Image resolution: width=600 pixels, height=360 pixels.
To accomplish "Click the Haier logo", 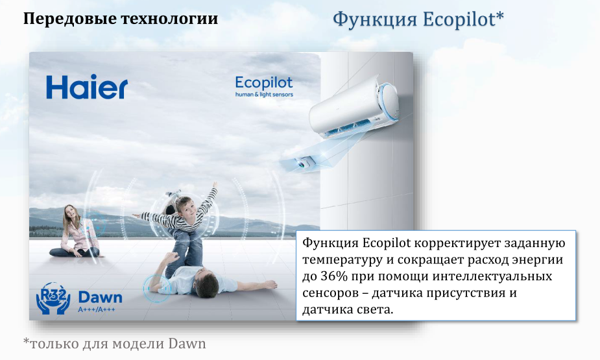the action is pos(87,87).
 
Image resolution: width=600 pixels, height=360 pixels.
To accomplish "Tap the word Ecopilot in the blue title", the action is pos(463,19).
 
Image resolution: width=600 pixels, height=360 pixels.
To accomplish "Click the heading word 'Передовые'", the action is pos(67,18).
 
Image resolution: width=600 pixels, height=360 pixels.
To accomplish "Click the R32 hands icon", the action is pos(53,298).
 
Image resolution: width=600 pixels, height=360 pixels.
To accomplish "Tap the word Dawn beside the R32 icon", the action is pos(100,297).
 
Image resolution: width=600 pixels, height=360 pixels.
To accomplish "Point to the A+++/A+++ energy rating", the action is pos(97,309).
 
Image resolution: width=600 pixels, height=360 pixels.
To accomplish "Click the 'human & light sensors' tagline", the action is pos(264,95).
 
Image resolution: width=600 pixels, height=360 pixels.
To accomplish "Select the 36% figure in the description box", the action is pos(331,276).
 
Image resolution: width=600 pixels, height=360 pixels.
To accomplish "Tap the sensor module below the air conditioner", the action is pos(304,162).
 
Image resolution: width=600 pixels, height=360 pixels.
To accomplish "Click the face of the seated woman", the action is pos(70,212).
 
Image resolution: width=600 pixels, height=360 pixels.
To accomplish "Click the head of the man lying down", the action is pos(207,285).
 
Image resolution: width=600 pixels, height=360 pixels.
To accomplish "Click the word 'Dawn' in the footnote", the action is pos(187,344).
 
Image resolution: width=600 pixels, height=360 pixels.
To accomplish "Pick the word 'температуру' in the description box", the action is pos(343,260).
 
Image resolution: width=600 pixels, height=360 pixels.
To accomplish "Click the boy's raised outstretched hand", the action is pos(215,185).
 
